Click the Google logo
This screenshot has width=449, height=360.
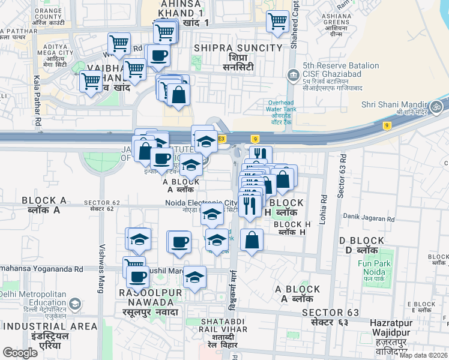(x=20, y=353)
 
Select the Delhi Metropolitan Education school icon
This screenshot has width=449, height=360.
(x=75, y=304)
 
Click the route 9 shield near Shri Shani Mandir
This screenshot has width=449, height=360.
(x=387, y=125)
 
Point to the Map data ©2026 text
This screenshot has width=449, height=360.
(x=424, y=355)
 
